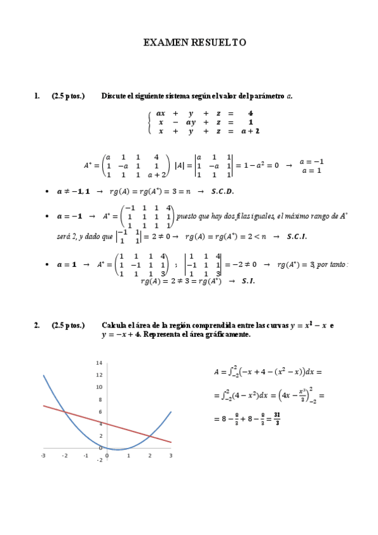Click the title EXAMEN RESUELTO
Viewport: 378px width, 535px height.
tap(194, 43)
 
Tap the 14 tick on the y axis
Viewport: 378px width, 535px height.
tap(99, 363)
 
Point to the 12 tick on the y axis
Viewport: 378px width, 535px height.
tap(99, 375)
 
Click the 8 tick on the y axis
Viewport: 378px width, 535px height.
tap(100, 399)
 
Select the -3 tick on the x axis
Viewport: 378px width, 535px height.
tap(43, 455)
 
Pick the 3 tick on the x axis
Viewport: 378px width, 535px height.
tap(171, 455)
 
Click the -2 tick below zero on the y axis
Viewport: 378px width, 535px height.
tap(99, 460)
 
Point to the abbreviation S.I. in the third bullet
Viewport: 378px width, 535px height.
tap(248, 281)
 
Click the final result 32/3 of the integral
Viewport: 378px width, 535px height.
tap(275, 418)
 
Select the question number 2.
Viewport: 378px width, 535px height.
tap(37, 326)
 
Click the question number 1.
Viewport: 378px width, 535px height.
tap(37, 97)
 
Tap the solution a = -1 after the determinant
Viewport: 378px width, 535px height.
tap(312, 161)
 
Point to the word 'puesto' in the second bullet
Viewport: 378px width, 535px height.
tap(187, 216)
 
